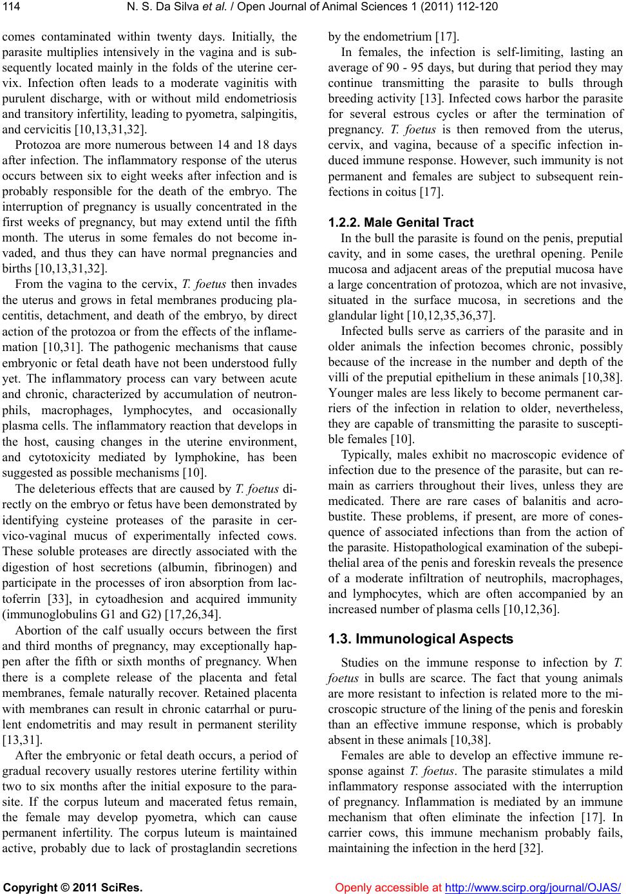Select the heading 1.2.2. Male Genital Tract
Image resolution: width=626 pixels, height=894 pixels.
coord(401,223)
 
